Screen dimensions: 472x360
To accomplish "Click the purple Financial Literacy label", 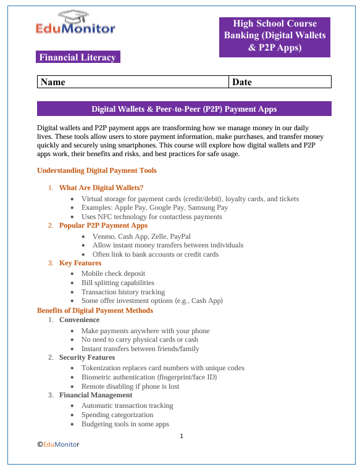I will [x=78, y=57].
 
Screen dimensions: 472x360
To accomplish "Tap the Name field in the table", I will [x=132, y=81].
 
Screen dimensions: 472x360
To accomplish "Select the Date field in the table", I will [x=280, y=81].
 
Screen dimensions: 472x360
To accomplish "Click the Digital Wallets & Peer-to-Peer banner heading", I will [x=184, y=109].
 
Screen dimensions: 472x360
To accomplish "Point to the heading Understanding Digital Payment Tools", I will [x=97, y=170].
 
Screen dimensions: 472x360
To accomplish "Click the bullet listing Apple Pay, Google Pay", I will [x=154, y=208].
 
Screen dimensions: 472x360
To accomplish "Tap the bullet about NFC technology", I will [x=151, y=217].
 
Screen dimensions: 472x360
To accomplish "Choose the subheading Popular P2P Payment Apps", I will [x=103, y=226].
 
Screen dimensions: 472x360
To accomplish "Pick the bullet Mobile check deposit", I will [x=113, y=273].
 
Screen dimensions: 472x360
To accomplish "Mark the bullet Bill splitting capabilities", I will [x=117, y=283].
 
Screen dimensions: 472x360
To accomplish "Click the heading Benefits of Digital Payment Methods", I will [x=95, y=310].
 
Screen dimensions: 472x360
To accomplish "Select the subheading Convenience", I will [x=79, y=320].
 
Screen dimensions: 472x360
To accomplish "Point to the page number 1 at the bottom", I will [x=182, y=436].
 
